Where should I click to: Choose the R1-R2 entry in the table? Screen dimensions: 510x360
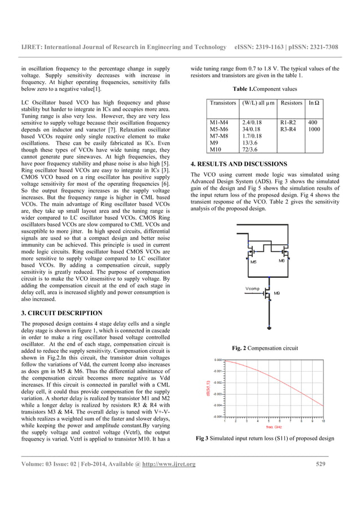click(288, 122)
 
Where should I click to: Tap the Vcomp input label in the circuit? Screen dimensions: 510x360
click(252, 289)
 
